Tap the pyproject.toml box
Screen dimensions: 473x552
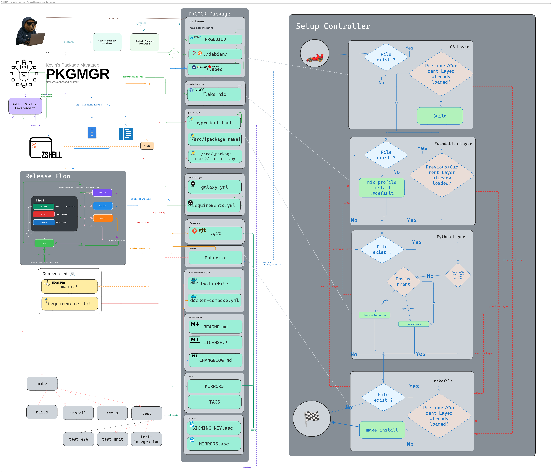[214, 123]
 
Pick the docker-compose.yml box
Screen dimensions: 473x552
[214, 301]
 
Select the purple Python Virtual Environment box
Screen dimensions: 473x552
[25, 106]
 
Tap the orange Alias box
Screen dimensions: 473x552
[147, 146]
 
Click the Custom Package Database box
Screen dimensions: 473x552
[107, 42]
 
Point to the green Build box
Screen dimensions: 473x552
[440, 116]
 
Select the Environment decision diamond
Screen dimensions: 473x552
[404, 282]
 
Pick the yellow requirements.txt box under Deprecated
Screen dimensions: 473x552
[70, 304]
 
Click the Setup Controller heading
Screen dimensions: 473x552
[333, 26]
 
